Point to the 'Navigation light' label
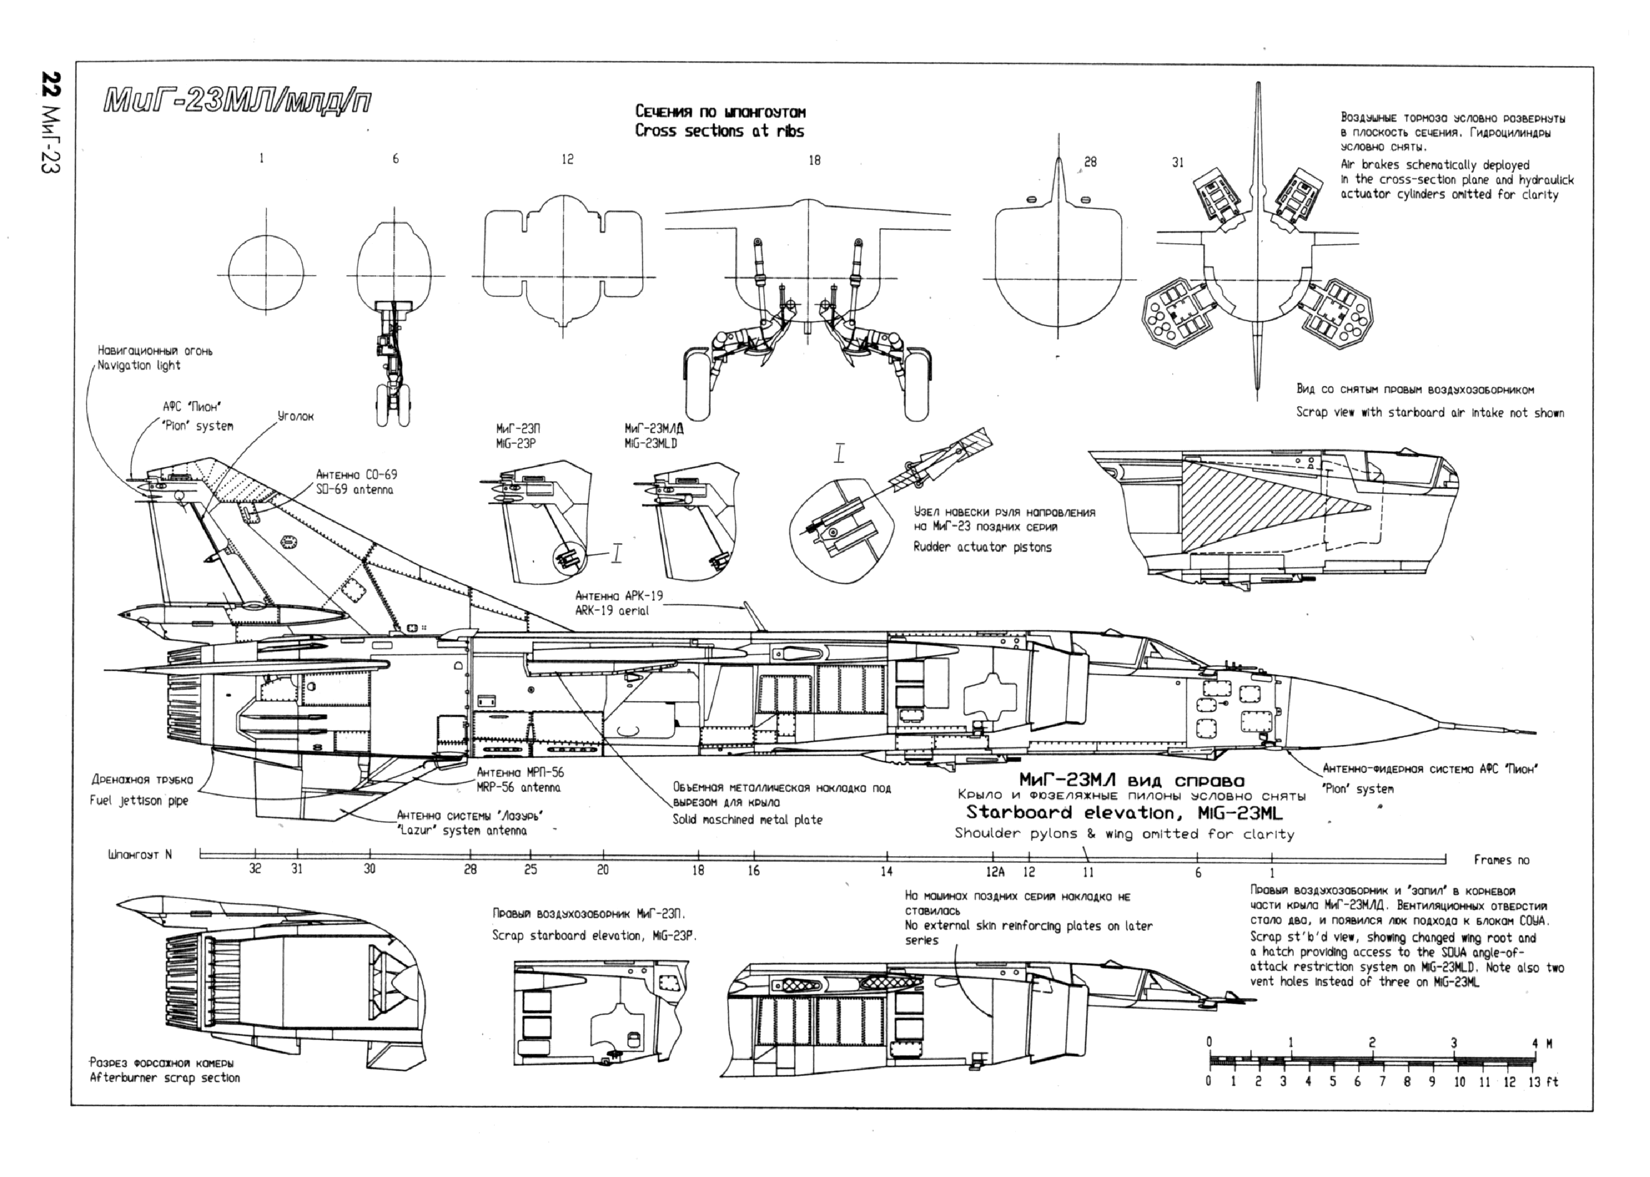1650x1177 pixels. coord(139,366)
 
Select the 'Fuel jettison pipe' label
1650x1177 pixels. coord(139,801)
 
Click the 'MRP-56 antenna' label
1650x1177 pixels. coord(518,788)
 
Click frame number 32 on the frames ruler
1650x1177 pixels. coord(255,869)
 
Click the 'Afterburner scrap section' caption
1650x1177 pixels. coord(165,1078)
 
